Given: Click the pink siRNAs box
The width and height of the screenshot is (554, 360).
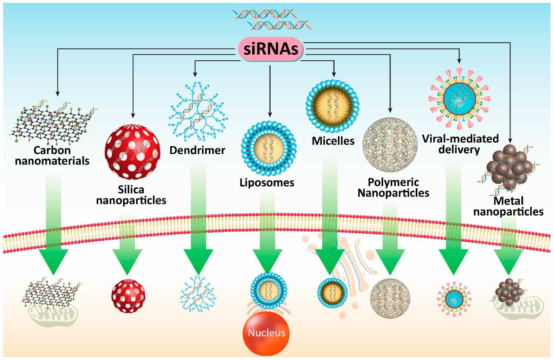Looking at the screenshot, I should [271, 49].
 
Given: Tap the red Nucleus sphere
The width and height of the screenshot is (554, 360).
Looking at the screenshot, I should [266, 333].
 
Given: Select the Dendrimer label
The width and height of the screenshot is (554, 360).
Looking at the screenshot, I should [197, 150].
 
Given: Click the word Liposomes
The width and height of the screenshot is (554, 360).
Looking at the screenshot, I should [267, 182].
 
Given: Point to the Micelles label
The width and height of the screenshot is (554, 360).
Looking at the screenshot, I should [333, 141].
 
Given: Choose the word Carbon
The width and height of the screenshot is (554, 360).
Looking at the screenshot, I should [52, 150].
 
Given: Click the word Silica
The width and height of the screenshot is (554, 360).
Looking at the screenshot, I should [131, 189].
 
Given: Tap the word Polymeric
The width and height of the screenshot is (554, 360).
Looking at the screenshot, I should [393, 182].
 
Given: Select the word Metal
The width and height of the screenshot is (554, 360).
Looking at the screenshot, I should [508, 201].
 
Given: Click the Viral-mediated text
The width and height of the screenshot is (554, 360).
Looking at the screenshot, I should [460, 139].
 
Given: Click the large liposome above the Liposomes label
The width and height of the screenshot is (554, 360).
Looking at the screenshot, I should [269, 148].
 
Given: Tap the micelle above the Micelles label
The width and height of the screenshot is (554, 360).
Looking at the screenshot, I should [332, 106].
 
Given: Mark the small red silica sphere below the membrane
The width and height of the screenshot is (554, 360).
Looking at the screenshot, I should [128, 296].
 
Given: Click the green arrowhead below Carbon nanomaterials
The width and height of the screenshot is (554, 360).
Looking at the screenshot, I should [53, 261].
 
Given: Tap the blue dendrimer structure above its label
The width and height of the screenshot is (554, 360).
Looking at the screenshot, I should [197, 111].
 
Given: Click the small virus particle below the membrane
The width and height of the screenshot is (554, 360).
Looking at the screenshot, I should [454, 299].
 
